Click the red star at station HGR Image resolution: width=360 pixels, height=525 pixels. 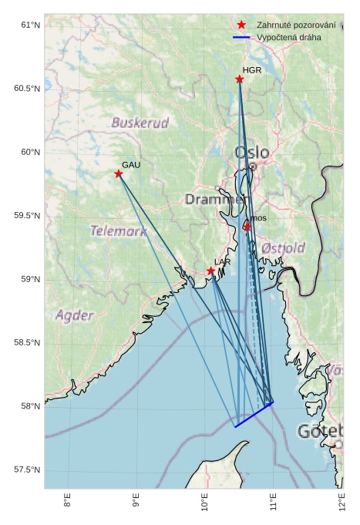(240, 79)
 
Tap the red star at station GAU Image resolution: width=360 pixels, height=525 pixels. (119, 173)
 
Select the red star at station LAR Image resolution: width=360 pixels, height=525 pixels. (210, 271)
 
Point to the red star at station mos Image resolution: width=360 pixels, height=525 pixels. (247, 227)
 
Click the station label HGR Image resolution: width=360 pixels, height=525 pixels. (252, 70)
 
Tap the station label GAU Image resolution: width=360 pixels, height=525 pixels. (131, 165)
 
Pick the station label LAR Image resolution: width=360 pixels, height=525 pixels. (222, 263)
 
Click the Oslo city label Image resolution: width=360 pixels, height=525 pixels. (252, 153)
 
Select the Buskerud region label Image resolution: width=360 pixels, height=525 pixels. (140, 123)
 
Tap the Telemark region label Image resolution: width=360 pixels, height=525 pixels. (118, 231)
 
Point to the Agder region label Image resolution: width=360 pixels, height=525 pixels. (74, 315)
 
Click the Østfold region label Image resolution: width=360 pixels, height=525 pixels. (283, 248)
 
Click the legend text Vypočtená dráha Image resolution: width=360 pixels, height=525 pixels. (290, 37)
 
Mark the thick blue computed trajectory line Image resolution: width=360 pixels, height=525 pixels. (254, 414)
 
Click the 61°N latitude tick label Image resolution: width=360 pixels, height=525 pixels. (28, 25)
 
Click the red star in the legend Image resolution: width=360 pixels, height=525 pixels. (242, 25)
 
